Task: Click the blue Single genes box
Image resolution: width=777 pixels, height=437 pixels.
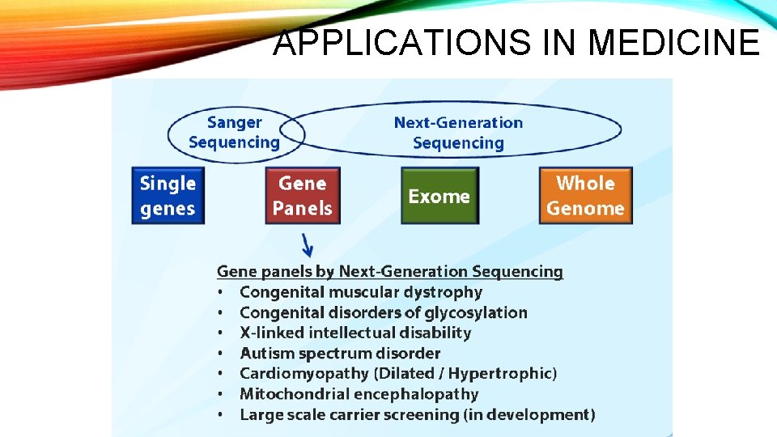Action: pyautogui.click(x=168, y=196)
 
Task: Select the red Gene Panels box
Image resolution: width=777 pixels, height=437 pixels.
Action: pyautogui.click(x=303, y=196)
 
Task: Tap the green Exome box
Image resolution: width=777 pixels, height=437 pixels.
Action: pyautogui.click(x=439, y=196)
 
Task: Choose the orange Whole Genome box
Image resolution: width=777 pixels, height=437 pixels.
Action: pyautogui.click(x=585, y=196)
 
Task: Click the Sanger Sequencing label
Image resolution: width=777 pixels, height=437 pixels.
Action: pyautogui.click(x=234, y=133)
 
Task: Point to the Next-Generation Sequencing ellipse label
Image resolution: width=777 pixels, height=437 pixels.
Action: pyautogui.click(x=458, y=133)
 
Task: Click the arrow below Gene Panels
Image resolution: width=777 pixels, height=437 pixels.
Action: pyautogui.click(x=307, y=244)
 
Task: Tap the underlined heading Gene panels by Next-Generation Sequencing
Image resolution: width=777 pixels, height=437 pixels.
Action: pyautogui.click(x=389, y=272)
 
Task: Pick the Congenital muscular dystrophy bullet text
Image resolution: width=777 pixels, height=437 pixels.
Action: pyautogui.click(x=361, y=292)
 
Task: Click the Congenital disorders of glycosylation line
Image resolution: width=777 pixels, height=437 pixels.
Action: pyautogui.click(x=383, y=312)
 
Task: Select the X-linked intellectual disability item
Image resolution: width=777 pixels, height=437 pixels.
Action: pyautogui.click(x=355, y=333)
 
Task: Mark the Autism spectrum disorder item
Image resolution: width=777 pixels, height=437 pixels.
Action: pyautogui.click(x=340, y=354)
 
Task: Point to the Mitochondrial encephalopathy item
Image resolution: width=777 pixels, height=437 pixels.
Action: pyautogui.click(x=359, y=394)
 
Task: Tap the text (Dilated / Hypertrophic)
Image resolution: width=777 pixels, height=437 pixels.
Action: pyautogui.click(x=465, y=374)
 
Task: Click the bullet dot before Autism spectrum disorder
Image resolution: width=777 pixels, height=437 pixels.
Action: pyautogui.click(x=220, y=354)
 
